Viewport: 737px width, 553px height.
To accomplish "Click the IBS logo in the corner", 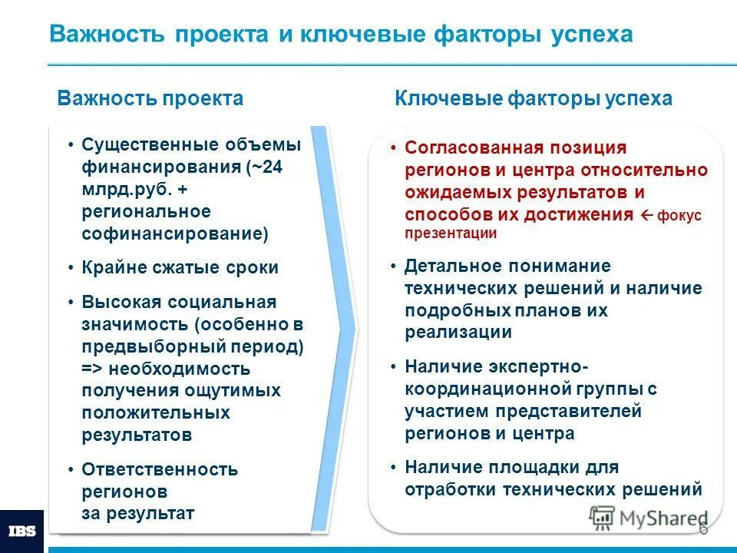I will click(x=21, y=531).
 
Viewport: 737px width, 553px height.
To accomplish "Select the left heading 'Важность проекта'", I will click(x=150, y=98).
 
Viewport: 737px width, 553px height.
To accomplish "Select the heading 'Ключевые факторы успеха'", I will click(x=533, y=98).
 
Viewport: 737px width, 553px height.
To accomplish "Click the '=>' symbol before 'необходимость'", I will click(x=92, y=369).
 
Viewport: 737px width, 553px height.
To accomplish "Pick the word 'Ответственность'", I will click(x=160, y=469).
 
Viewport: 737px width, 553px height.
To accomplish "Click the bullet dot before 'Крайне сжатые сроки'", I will click(x=71, y=268).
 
